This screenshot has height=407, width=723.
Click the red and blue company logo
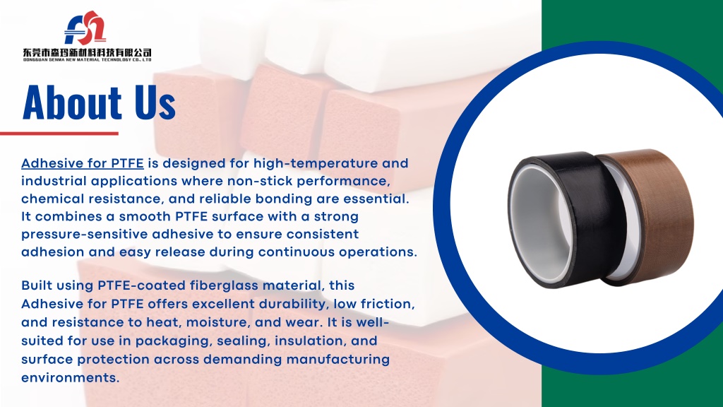tap(85, 28)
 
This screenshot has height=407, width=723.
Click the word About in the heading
tap(72, 102)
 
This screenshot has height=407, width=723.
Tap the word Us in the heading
tap(155, 102)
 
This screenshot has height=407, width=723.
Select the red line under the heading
tap(59, 134)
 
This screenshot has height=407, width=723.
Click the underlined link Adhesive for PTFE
tap(83, 163)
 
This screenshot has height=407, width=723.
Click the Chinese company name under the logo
tap(87, 52)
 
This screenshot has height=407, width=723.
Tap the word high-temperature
tap(316, 163)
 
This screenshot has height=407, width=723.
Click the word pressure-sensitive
tap(85, 235)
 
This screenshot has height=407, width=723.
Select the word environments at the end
tap(71, 378)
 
